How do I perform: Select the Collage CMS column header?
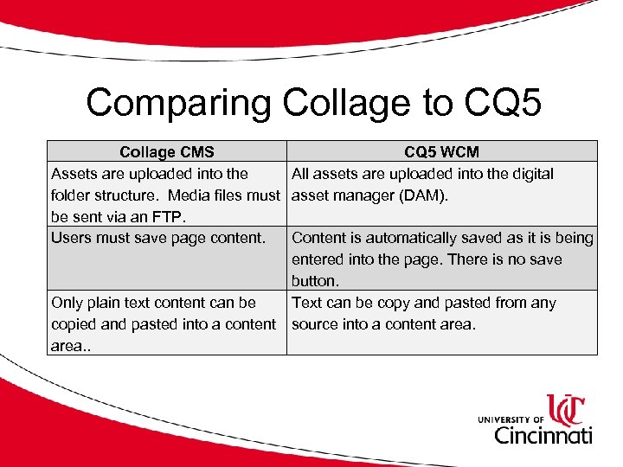pyautogui.click(x=167, y=152)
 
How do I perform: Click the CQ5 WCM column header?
pyautogui.click(x=441, y=152)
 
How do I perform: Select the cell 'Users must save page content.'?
pyautogui.click(x=158, y=238)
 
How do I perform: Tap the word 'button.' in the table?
pyautogui.click(x=316, y=281)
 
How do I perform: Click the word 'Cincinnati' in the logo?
pyautogui.click(x=543, y=433)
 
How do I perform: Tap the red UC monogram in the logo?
pyautogui.click(x=566, y=408)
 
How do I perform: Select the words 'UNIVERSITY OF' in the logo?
pyautogui.click(x=511, y=419)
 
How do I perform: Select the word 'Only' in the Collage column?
pyautogui.click(x=67, y=303)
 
